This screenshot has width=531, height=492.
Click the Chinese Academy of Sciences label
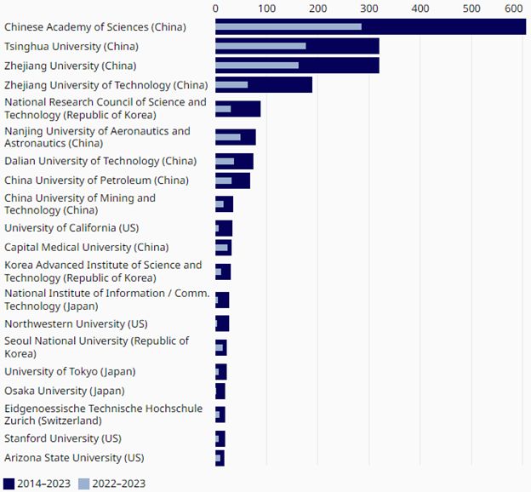tap(95, 27)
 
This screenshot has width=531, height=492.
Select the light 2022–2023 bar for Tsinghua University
tap(260, 46)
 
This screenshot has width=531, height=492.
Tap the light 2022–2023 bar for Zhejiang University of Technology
tap(231, 85)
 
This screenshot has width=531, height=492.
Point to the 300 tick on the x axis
tap(368, 8)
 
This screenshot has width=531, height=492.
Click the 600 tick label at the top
tap(513, 8)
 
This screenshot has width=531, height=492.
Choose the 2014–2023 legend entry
tap(37, 483)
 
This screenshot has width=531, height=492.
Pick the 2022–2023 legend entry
tap(111, 483)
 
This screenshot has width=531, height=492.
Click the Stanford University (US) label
tap(62, 438)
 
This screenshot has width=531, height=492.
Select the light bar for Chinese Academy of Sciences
tap(288, 27)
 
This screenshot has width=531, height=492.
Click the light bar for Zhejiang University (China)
tap(257, 66)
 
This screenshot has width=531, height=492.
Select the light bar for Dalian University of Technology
tap(225, 161)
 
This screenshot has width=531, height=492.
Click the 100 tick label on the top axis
tap(266, 8)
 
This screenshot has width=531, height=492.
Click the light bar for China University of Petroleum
tap(224, 180)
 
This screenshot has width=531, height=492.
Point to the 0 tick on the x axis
tap(215, 8)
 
